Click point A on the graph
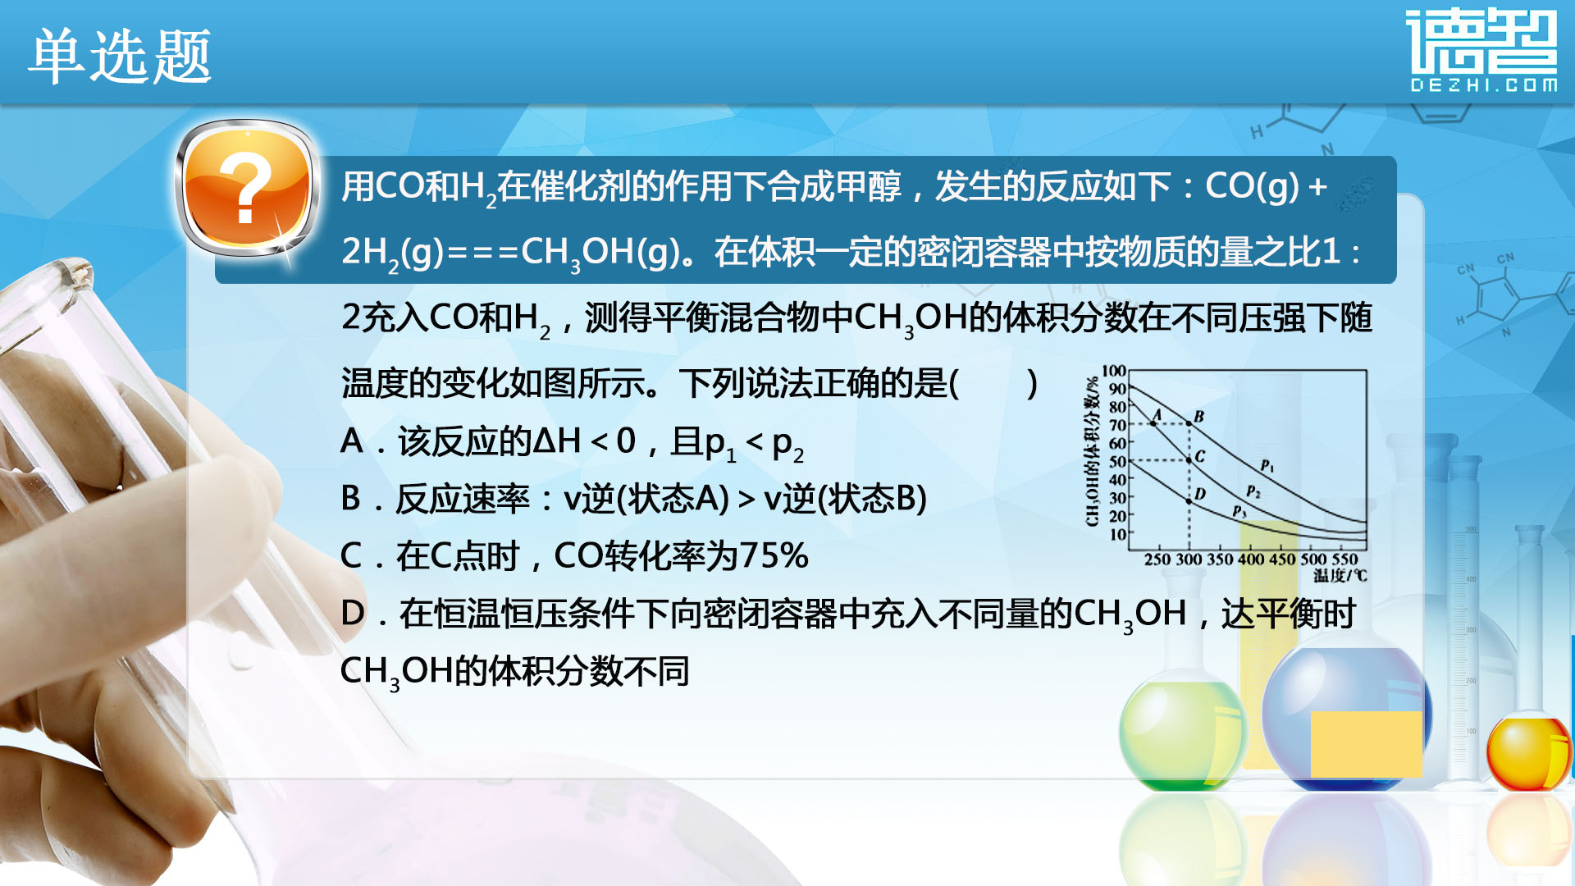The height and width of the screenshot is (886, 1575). pos(1153,423)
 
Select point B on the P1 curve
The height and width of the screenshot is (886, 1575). pos(1189,423)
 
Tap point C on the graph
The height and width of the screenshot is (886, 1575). pos(1189,460)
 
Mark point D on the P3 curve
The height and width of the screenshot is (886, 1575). pos(1189,500)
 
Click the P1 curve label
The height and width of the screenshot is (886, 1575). pos(1267,466)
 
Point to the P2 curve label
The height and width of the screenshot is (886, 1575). pos(1253,491)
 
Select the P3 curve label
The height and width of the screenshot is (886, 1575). pos(1239,512)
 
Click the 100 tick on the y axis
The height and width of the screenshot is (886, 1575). pos(1114,371)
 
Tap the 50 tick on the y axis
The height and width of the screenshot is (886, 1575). pos(1117,461)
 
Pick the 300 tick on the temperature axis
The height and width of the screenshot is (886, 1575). pos(1189,559)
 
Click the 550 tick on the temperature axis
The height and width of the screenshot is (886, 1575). pos(1345,559)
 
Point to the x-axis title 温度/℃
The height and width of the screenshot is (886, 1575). pos(1340,576)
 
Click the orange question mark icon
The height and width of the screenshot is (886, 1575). pos(247,188)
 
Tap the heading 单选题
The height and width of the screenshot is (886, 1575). pos(121,56)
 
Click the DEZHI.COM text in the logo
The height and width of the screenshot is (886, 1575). pos(1483,84)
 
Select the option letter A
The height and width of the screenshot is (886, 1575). pos(351,441)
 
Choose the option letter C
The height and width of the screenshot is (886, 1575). pos(351,556)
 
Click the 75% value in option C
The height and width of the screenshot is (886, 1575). pos(774,556)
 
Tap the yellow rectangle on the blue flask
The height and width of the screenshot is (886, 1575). pos(1366,744)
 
